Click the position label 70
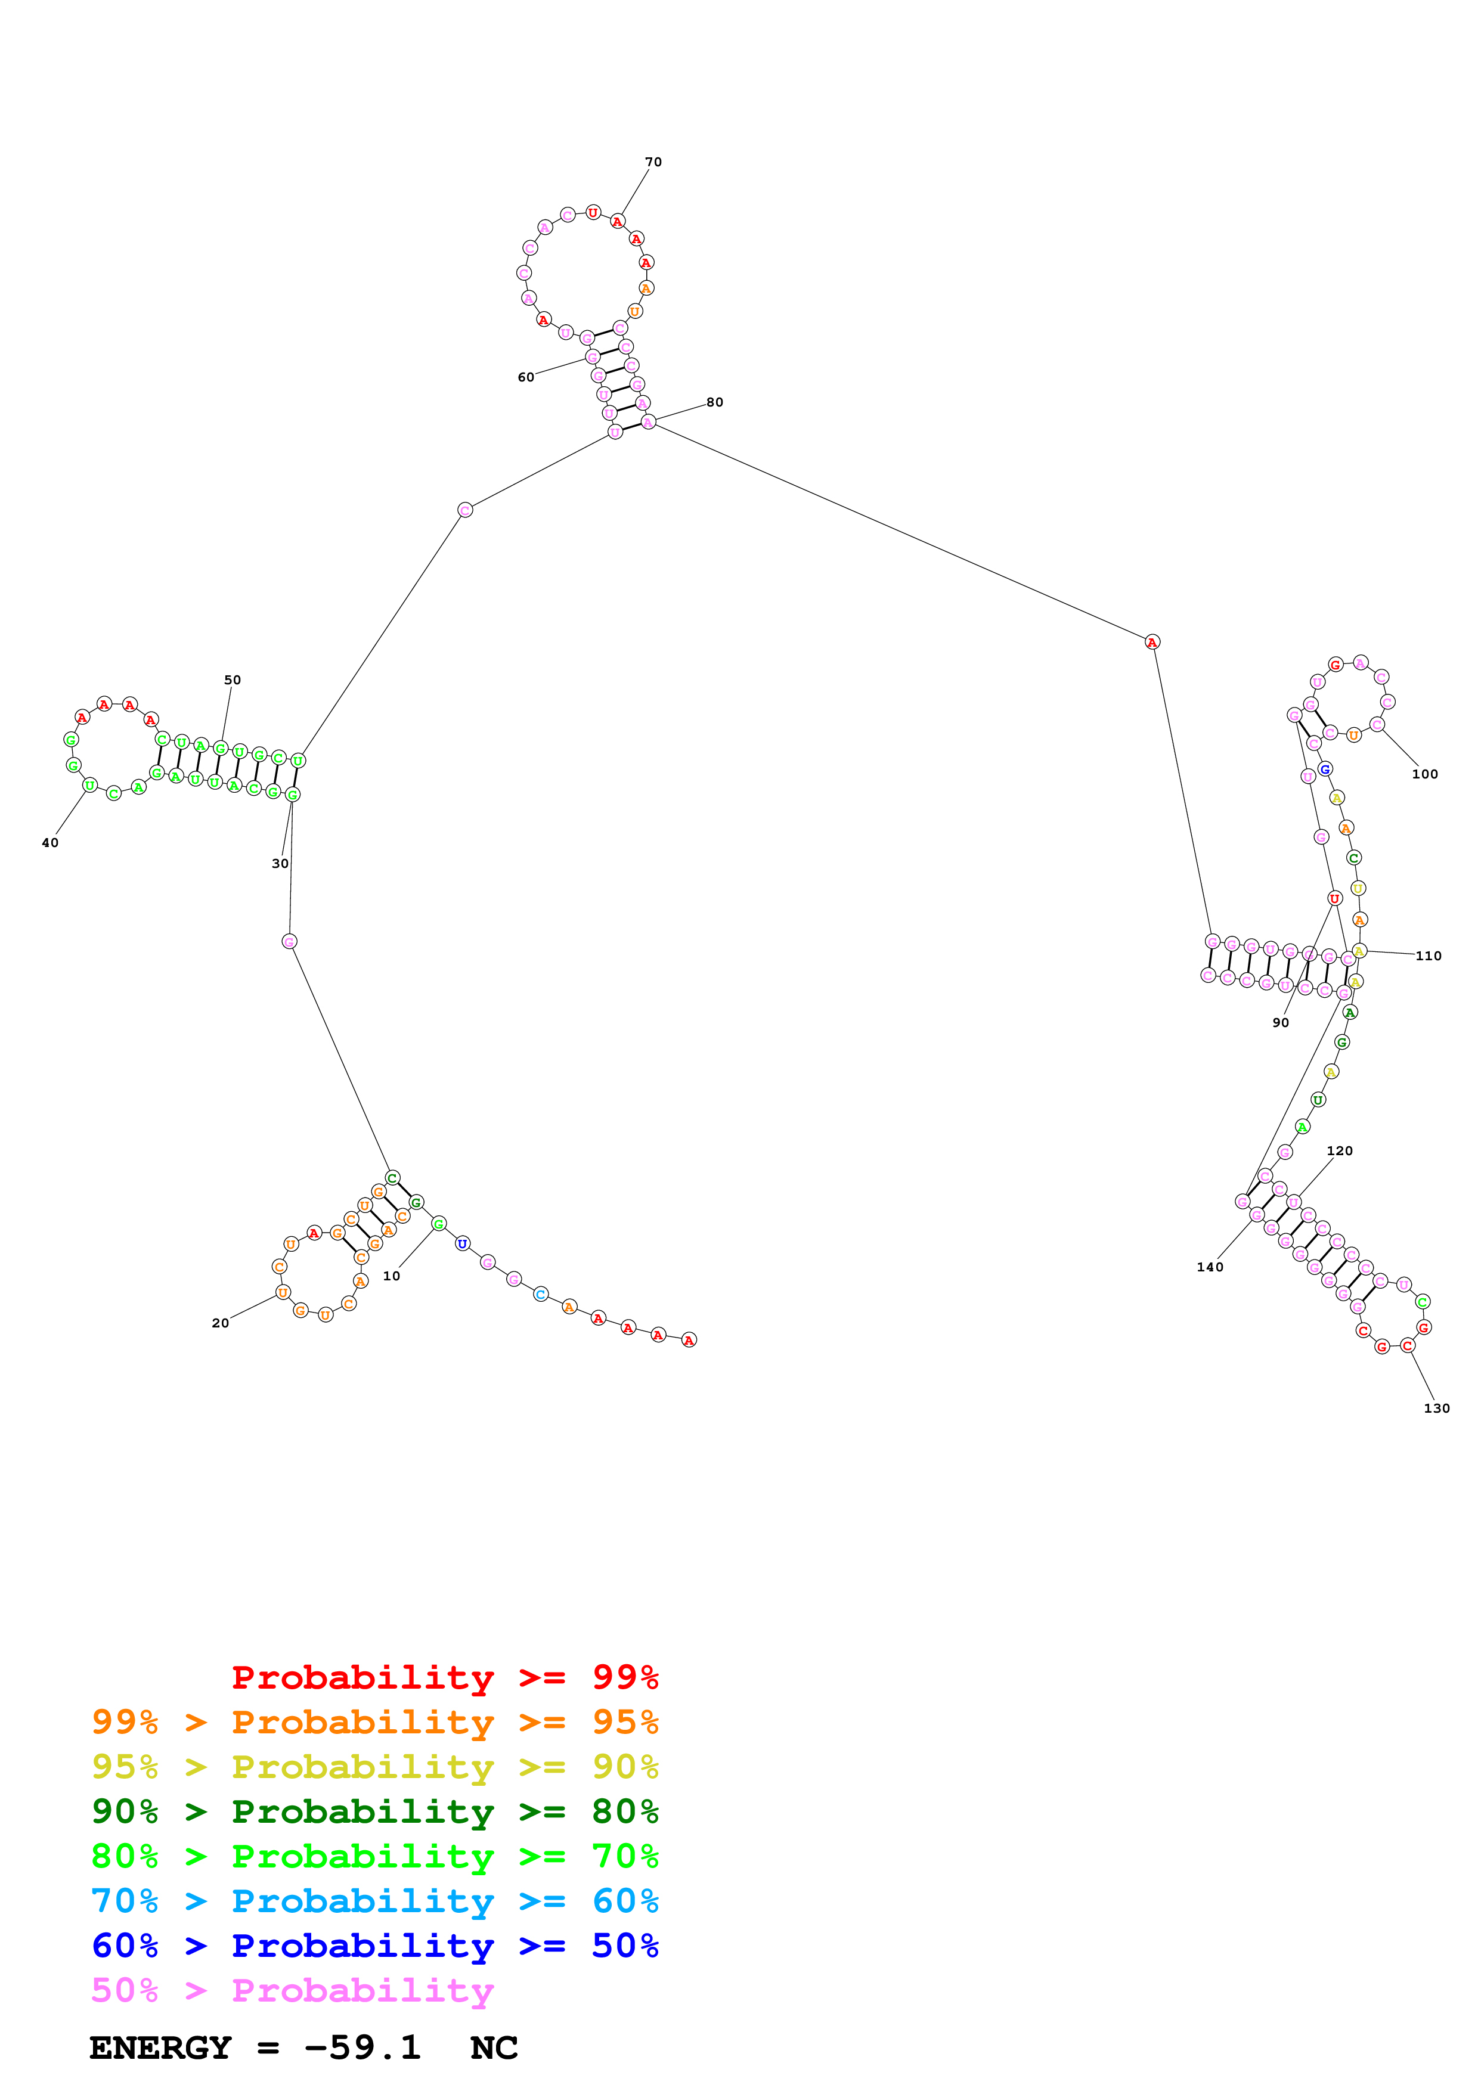(653, 162)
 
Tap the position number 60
(525, 377)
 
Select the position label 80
(715, 402)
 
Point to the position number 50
(232, 680)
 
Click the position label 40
(50, 842)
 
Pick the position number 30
(280, 863)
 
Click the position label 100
(1424, 774)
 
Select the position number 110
(1428, 955)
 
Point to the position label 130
(1436, 1408)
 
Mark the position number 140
(1209, 1267)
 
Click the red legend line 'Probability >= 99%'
(444, 1677)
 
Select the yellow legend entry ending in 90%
(374, 1766)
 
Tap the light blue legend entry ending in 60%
(374, 1901)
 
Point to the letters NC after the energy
(494, 2047)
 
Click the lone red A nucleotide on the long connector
(1152, 642)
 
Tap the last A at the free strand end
(689, 1340)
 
